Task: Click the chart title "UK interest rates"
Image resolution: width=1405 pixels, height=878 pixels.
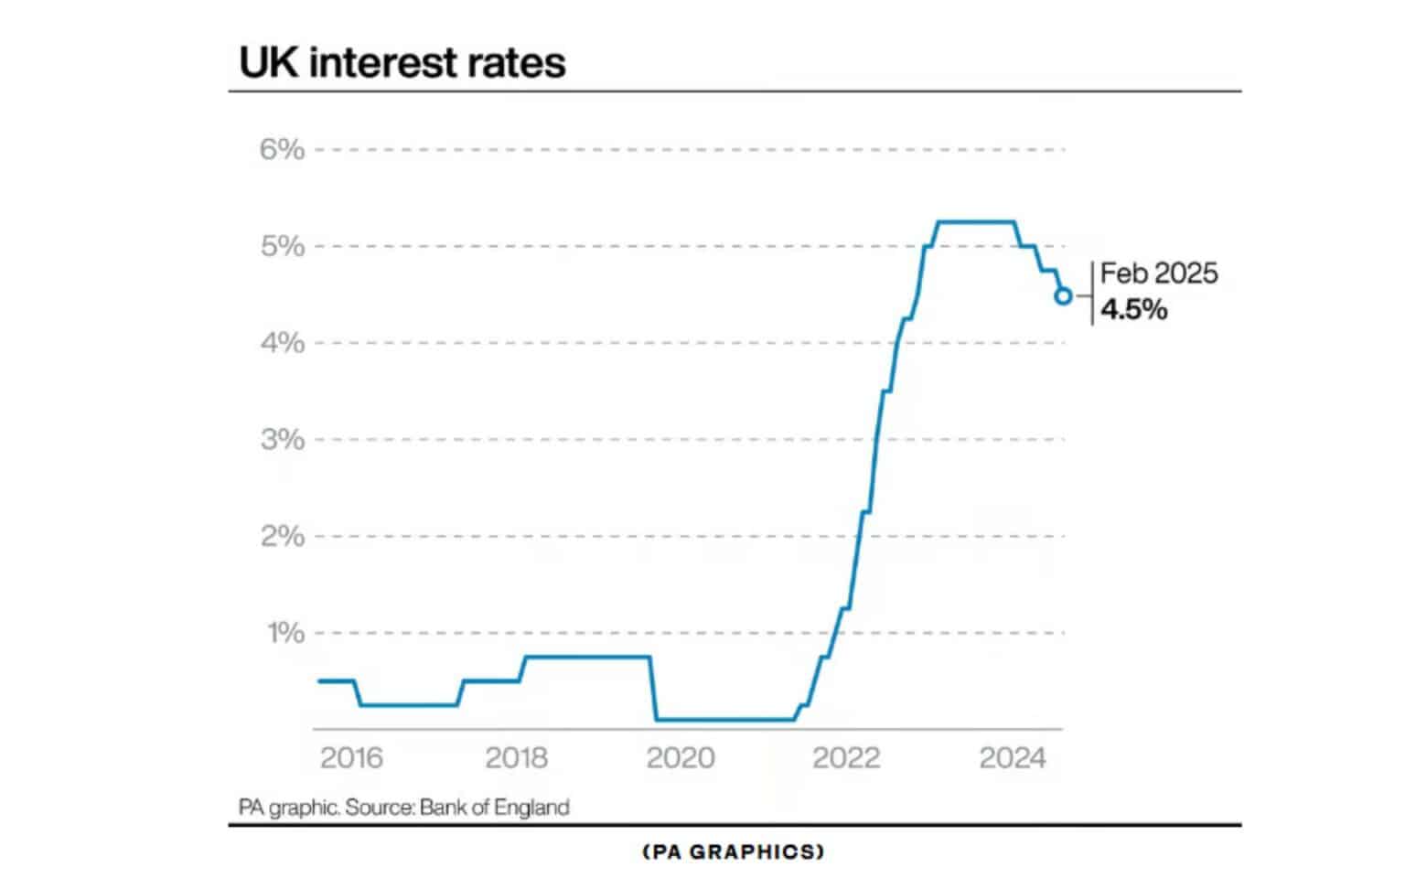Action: click(402, 62)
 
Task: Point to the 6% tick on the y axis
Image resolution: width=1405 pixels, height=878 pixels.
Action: click(282, 149)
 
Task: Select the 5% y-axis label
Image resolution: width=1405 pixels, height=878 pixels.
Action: click(282, 246)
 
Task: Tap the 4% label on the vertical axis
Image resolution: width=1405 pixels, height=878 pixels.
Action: click(282, 343)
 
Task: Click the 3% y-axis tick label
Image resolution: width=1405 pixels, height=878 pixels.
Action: click(282, 440)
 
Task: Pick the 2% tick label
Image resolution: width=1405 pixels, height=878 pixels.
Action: click(282, 536)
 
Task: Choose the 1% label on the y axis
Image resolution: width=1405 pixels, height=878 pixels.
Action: click(284, 633)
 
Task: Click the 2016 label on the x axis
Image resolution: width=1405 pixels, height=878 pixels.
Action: click(352, 758)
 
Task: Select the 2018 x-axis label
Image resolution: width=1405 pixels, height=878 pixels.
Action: click(517, 758)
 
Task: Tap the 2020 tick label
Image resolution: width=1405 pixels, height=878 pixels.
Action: click(681, 758)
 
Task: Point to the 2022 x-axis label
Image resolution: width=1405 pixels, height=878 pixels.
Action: click(846, 758)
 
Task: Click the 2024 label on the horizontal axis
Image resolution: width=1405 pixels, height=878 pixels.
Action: click(1012, 758)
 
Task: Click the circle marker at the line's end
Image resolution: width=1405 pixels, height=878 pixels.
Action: click(1063, 295)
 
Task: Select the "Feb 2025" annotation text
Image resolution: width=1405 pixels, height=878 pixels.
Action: click(1159, 273)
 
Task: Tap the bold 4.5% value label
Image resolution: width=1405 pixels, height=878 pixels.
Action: click(1134, 310)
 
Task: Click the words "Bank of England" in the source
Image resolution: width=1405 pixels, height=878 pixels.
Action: click(495, 808)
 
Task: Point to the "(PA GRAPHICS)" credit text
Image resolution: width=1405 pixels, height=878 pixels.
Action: click(734, 852)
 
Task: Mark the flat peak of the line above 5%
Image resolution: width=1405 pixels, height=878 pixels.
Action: click(977, 221)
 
